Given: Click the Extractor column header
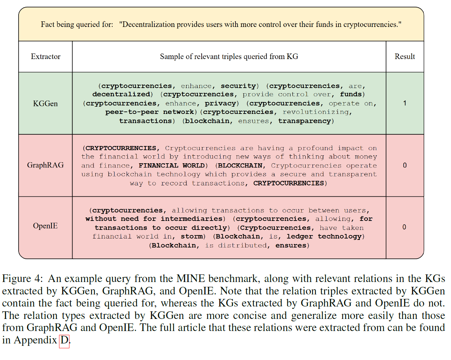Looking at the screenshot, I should click(46, 57).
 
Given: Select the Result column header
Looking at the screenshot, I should click(405, 57).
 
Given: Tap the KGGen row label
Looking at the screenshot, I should click(45, 104).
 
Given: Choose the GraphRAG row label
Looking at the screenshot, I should click(45, 165).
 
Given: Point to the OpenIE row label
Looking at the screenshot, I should click(45, 226).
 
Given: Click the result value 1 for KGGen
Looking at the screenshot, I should click(405, 103).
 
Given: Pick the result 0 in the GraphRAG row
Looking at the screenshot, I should click(405, 165).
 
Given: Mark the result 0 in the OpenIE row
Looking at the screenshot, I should click(404, 227).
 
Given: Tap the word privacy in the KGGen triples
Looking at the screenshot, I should click(220, 103).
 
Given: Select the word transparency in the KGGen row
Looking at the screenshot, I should click(305, 121).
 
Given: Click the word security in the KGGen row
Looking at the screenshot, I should click(238, 86).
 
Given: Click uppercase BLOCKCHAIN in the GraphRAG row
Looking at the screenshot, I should click(240, 165).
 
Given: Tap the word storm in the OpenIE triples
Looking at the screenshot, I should click(192, 236).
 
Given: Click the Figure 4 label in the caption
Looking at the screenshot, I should click(22, 279).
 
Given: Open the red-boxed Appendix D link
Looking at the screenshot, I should click(64, 340).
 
